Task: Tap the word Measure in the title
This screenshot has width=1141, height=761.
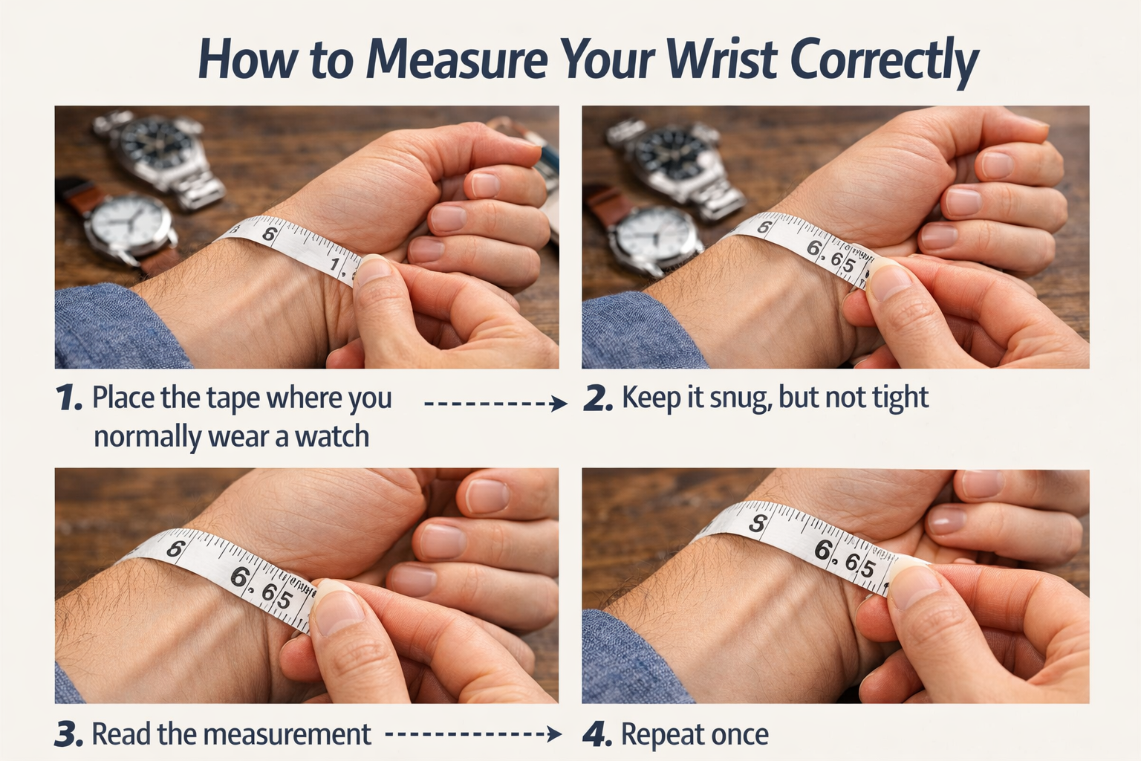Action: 456,60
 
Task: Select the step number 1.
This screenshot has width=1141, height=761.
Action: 68,399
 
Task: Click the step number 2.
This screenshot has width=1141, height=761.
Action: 598,399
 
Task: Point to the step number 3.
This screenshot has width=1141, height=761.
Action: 68,735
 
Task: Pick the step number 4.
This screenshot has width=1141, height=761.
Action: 597,735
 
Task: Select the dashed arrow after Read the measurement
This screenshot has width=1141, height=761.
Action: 473,735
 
